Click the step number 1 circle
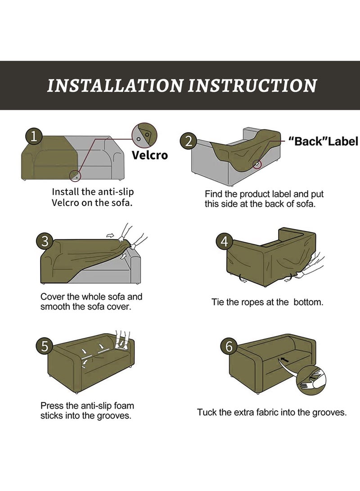[34, 137]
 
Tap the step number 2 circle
[188, 141]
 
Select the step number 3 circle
[45, 242]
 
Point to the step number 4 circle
[225, 242]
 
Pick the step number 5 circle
[45, 347]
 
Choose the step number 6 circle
[229, 347]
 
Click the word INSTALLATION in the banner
[115, 86]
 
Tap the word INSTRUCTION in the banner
[252, 86]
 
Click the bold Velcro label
[150, 155]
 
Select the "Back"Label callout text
[323, 141]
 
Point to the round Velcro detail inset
[144, 135]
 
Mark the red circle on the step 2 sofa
[256, 164]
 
